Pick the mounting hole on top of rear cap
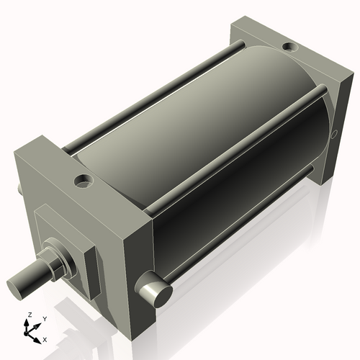289,48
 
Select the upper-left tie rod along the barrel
144,101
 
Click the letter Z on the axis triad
28,315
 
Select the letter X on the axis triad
45,338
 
